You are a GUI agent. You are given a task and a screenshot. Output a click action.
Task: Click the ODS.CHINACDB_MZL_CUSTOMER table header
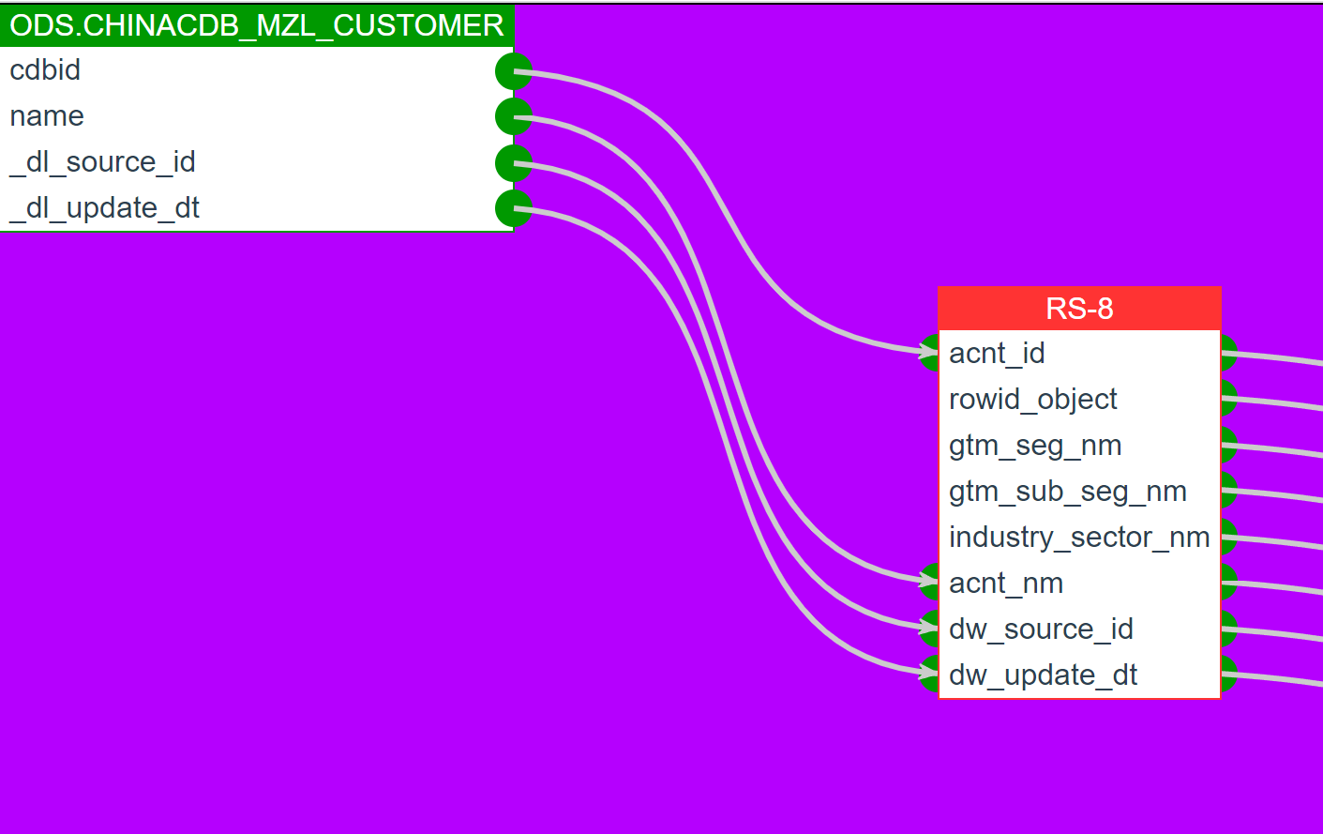pos(257,25)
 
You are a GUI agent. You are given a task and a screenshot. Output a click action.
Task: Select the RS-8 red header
pos(1079,309)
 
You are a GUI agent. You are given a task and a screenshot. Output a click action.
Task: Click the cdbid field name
pos(45,70)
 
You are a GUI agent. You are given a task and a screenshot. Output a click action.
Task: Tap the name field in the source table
pos(47,116)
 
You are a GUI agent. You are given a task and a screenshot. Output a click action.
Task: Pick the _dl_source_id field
pos(102,162)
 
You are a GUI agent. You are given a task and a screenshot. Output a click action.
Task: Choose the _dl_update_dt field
pos(104,208)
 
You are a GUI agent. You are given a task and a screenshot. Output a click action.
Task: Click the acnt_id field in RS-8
pos(997,354)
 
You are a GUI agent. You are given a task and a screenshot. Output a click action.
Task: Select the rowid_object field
pos(1032,400)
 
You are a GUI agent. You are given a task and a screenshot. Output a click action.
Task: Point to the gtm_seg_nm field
pos(1035,446)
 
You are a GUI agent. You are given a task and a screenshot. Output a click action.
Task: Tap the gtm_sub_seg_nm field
pos(1068,492)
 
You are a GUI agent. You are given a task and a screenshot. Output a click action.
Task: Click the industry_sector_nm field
pos(1079,538)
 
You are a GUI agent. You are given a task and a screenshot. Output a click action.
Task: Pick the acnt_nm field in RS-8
pos(1006,584)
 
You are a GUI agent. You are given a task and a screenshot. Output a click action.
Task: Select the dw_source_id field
pos(1041,629)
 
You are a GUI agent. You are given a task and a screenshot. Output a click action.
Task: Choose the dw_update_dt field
pos(1043,675)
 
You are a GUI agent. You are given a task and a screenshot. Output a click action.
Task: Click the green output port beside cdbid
pos(514,71)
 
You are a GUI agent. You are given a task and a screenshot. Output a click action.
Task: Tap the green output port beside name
pos(514,117)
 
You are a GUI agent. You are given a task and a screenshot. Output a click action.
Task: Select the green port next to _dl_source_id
pos(514,163)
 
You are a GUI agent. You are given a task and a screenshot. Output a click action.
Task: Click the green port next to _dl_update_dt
pos(514,209)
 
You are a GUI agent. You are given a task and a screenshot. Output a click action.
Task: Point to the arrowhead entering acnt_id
pos(928,353)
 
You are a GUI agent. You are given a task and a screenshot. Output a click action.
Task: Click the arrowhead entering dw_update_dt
pos(928,672)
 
